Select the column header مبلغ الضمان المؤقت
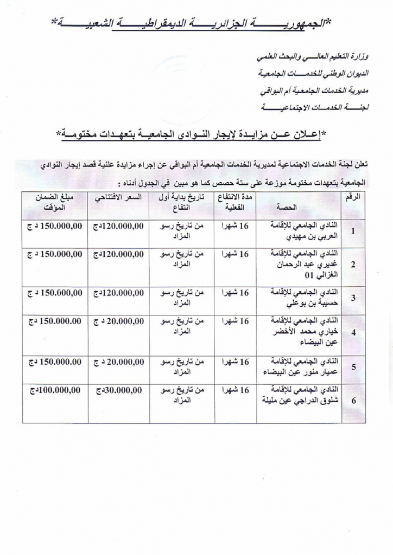[x=53, y=203]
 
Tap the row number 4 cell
[x=353, y=332]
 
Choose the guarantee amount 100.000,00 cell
[x=53, y=390]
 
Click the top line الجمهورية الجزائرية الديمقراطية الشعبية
[x=196, y=23]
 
